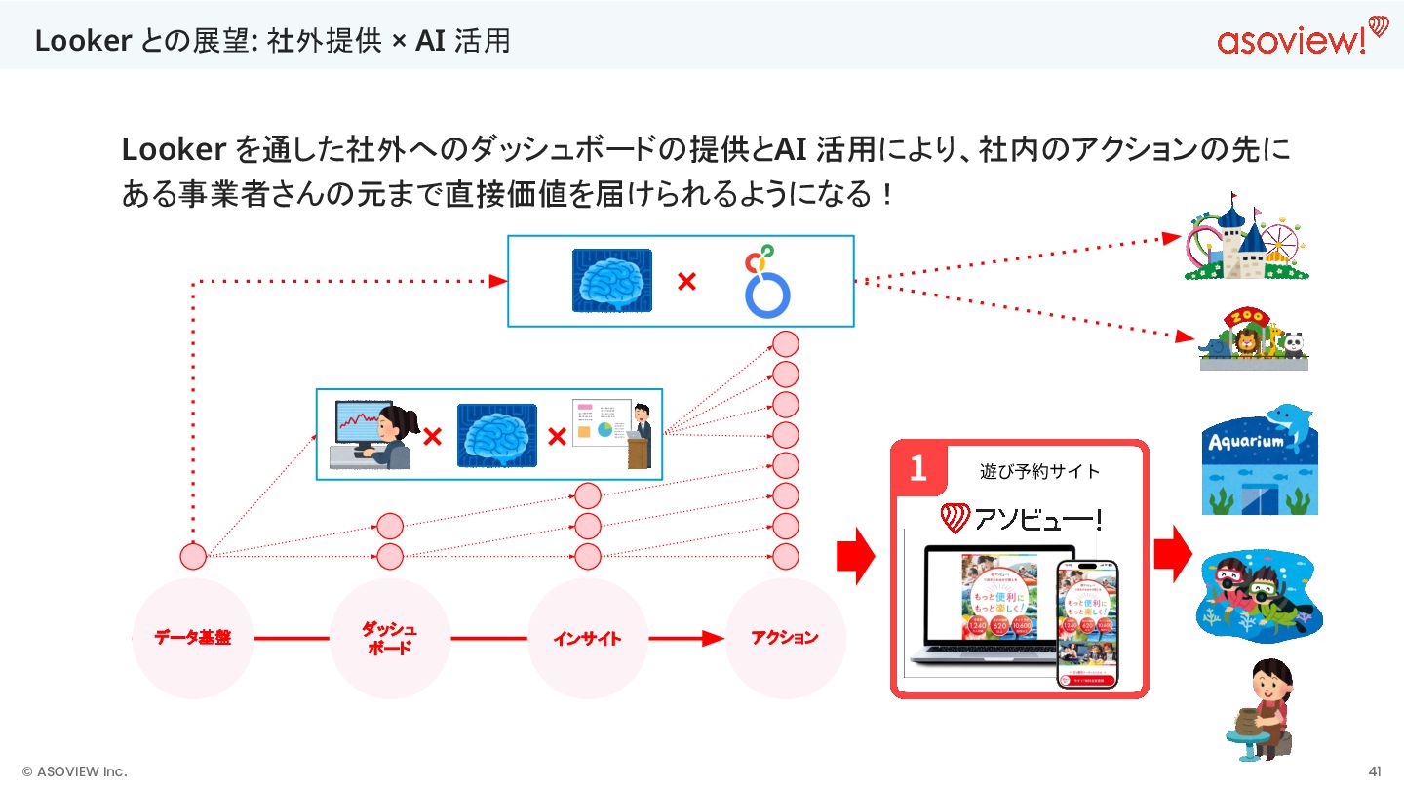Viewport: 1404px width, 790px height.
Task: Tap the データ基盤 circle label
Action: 193,638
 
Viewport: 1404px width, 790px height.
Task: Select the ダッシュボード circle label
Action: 390,639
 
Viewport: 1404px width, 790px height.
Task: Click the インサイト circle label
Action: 587,639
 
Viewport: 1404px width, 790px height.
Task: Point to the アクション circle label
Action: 785,638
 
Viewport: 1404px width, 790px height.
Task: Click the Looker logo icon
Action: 766,283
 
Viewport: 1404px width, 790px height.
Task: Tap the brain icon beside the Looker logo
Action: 611,281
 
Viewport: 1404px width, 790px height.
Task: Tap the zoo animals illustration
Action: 1252,341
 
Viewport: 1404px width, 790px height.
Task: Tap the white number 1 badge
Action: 917,468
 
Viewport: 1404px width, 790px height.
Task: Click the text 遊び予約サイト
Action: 1039,472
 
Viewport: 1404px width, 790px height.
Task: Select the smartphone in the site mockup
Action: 1086,624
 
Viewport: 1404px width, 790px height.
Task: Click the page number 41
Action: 1375,771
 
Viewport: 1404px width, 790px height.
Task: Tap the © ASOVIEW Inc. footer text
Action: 75,771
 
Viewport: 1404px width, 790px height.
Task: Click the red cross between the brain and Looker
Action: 686,282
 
